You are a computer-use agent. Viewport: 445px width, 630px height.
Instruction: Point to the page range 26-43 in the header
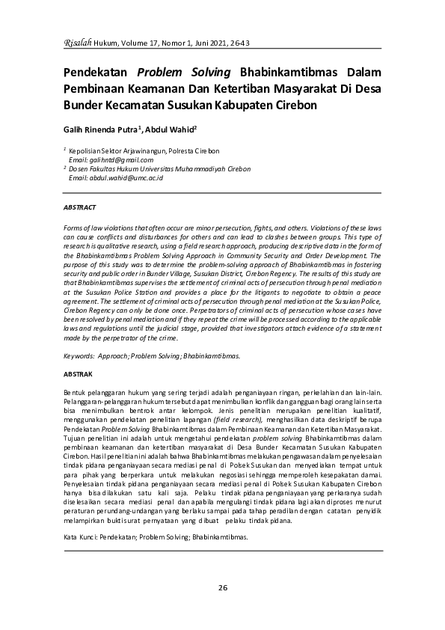(239, 45)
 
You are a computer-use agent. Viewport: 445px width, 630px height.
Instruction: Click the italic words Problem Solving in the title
(185, 73)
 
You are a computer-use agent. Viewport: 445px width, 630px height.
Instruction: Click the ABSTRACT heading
(79, 206)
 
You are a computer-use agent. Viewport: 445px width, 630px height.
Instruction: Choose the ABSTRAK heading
(78, 373)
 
